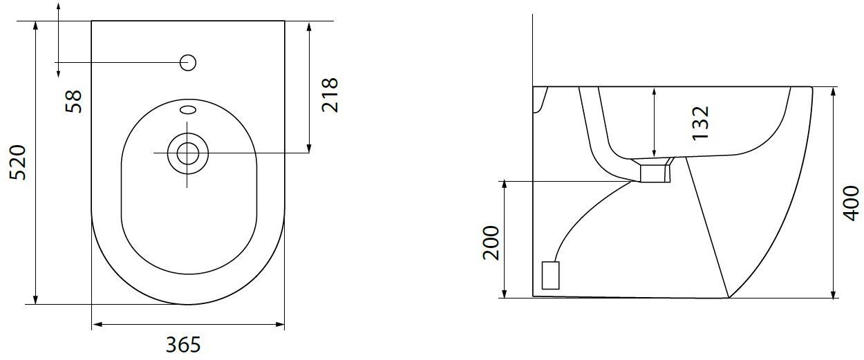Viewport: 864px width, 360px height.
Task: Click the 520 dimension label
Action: point(18,162)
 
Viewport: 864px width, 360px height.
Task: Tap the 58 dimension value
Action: point(73,102)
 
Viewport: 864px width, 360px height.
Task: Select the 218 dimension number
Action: point(330,95)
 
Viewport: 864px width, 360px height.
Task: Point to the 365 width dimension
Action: point(183,345)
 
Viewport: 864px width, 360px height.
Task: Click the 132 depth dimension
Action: point(701,124)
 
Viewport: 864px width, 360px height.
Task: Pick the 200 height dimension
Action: point(491,243)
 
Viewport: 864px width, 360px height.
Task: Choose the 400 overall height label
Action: point(852,204)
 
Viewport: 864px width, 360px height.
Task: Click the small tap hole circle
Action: point(188,62)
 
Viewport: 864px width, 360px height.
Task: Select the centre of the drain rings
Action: point(188,153)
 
